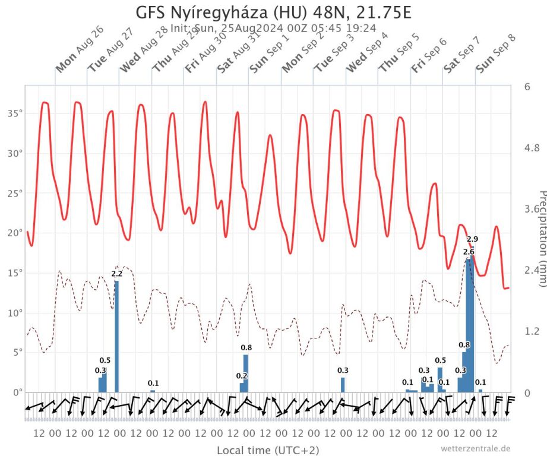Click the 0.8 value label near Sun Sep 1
[246, 347]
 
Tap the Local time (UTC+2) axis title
[267, 449]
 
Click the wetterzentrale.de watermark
[475, 448]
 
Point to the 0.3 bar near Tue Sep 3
[343, 385]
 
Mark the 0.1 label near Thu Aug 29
[153, 383]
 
